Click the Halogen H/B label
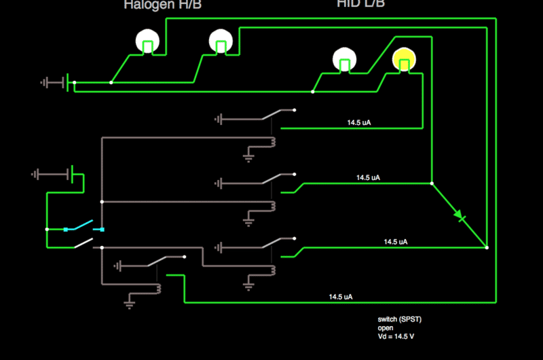tap(162, 5)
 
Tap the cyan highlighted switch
tap(83, 226)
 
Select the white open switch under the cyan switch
tap(84, 242)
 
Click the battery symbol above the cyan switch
tap(71, 175)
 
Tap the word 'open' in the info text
tap(386, 328)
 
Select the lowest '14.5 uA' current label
tap(341, 297)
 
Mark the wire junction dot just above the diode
tap(432, 183)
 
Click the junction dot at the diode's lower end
tap(487, 247)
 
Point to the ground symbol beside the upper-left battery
tap(46, 83)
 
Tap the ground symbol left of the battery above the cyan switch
tap(37, 175)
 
